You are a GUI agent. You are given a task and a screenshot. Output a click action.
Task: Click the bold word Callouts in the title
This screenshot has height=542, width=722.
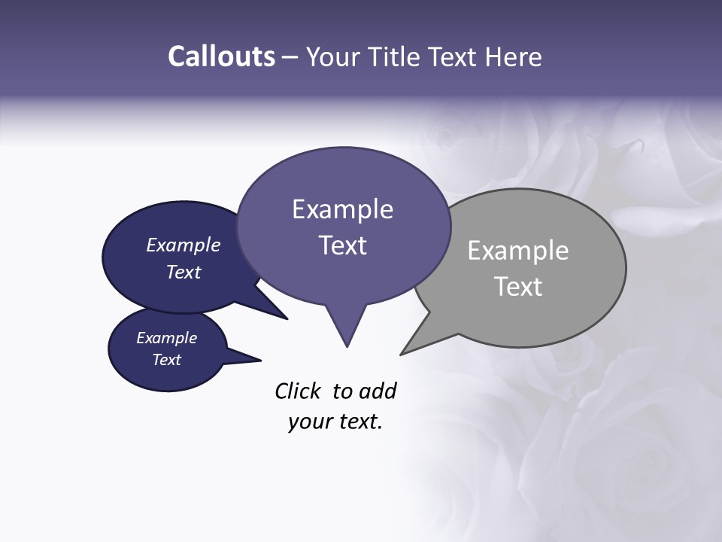(222, 56)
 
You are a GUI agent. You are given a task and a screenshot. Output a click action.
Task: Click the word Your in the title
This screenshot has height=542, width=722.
(335, 56)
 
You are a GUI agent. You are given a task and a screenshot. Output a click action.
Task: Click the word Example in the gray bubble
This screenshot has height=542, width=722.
(518, 251)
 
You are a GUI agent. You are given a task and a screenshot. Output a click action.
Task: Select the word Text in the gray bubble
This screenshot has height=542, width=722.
(518, 287)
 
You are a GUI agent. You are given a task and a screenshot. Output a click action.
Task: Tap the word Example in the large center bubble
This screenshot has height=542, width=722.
(342, 209)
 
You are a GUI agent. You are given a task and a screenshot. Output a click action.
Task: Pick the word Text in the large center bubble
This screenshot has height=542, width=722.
(342, 245)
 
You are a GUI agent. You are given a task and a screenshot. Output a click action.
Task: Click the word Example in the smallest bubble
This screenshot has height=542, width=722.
(167, 338)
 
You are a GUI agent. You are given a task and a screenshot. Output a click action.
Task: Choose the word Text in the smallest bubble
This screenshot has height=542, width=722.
(167, 360)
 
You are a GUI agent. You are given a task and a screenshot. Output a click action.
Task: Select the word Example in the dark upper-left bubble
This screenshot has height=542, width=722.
(184, 245)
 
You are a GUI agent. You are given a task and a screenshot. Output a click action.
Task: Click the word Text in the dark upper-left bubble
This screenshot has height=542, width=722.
(184, 272)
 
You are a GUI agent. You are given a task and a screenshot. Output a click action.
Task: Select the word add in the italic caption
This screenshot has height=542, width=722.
(378, 391)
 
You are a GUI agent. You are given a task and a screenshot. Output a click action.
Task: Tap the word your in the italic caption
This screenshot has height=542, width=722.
(310, 422)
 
